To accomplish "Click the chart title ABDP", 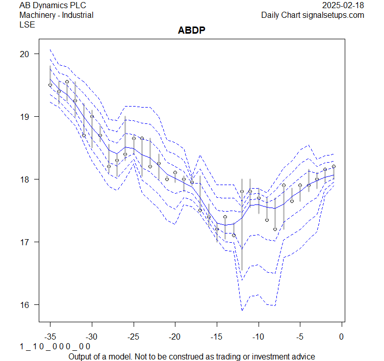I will (x=191, y=30).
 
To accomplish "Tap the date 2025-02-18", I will (x=343, y=5).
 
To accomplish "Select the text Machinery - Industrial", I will (x=56, y=15).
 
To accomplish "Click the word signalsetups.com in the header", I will (x=334, y=15).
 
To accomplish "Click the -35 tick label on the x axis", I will (x=50, y=337).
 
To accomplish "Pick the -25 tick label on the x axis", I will (x=133, y=337).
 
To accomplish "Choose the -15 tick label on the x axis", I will (x=216, y=337).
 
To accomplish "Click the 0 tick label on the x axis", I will (x=341, y=337).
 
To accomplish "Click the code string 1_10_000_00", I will (x=55, y=347).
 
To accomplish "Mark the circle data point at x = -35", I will (x=50, y=85).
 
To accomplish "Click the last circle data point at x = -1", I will (x=334, y=166).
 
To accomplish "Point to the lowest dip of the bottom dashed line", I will (x=242, y=310).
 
